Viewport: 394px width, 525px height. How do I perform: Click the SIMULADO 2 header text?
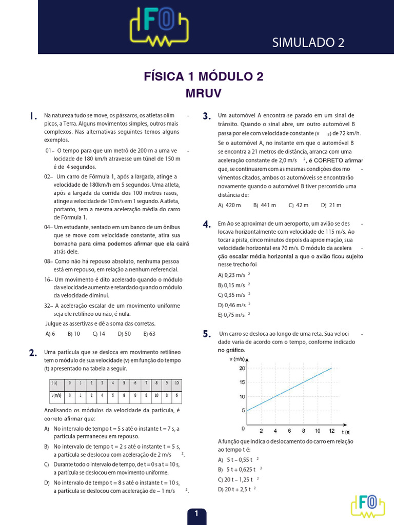click(308, 43)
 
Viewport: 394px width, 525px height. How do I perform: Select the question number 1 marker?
click(33, 116)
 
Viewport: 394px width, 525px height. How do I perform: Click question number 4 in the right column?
click(207, 224)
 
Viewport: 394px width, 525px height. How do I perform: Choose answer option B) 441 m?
click(265, 205)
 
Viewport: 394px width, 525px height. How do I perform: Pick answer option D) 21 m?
click(331, 205)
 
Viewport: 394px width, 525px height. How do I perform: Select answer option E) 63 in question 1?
click(149, 333)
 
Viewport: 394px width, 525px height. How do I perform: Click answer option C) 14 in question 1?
click(98, 333)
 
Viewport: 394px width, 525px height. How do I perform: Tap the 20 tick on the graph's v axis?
click(242, 368)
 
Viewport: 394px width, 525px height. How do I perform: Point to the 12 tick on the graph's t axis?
click(332, 431)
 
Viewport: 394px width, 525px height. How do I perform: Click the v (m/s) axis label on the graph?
click(238, 359)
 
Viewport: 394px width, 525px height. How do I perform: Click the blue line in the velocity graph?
click(290, 390)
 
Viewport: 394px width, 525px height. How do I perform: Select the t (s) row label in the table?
click(54, 383)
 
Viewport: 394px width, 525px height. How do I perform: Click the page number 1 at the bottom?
click(196, 513)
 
